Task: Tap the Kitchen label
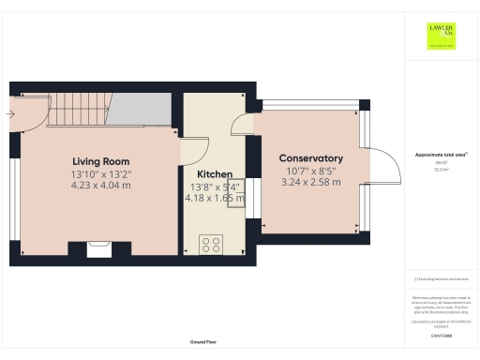(215, 174)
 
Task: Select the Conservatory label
(311, 158)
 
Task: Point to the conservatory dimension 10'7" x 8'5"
(311, 172)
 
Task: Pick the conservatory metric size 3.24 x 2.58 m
(311, 184)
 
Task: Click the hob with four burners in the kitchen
(211, 244)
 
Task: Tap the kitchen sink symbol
(234, 192)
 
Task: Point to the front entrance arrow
(9, 114)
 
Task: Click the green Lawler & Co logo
(442, 35)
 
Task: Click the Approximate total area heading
(441, 154)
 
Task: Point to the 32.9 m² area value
(441, 170)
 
